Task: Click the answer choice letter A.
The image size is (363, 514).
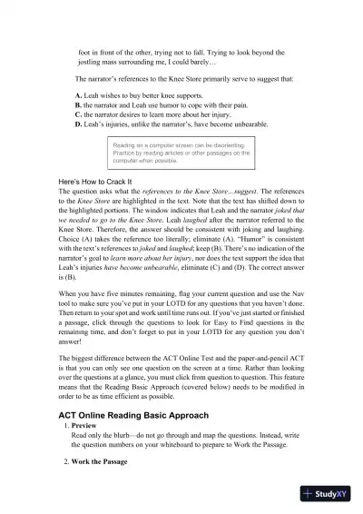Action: click(78, 95)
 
